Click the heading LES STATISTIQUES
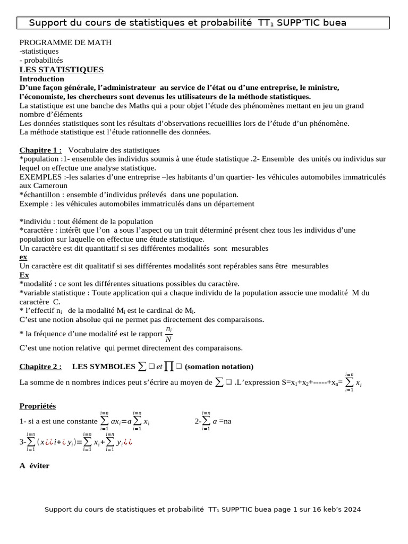62,70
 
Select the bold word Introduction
41,79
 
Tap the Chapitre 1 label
40,150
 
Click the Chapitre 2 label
40,367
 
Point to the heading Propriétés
37,406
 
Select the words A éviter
34,465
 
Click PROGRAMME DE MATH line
65,42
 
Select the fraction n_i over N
168,334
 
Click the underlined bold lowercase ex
23,257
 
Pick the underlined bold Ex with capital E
24,275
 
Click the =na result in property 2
225,421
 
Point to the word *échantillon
40,195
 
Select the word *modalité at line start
37,284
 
